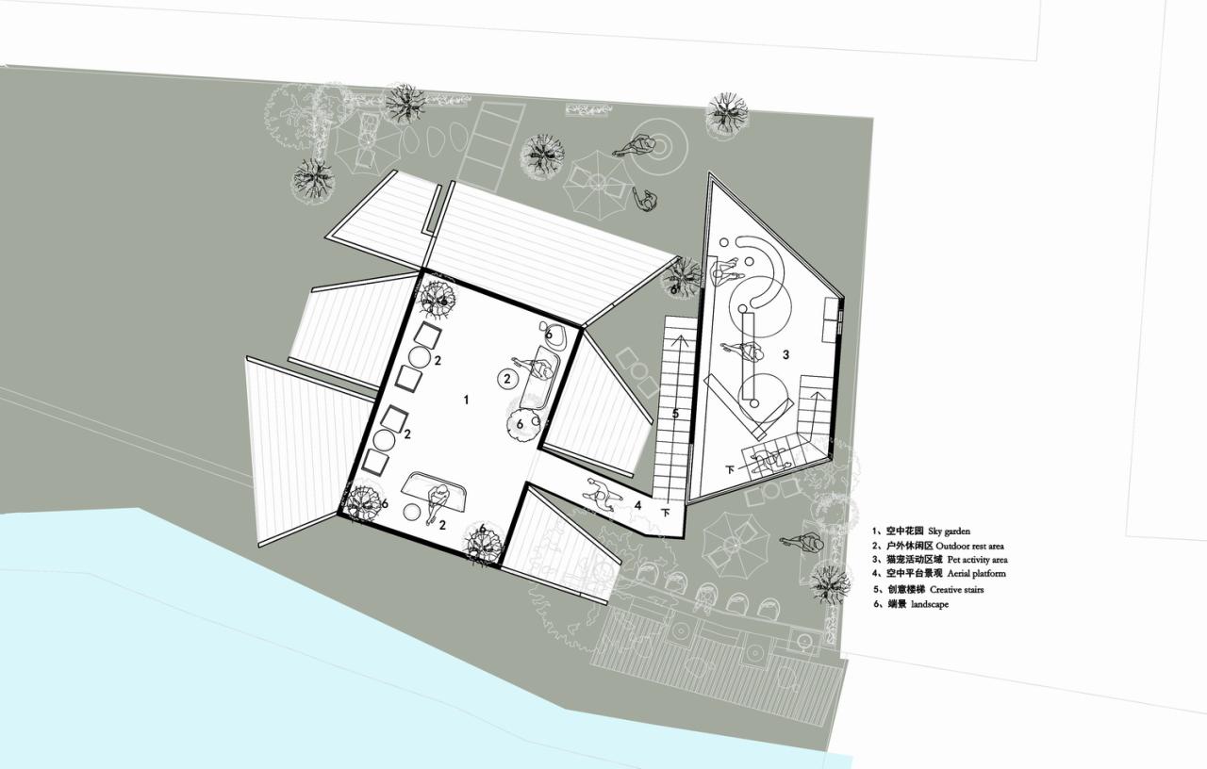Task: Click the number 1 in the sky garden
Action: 466,400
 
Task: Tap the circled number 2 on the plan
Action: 507,379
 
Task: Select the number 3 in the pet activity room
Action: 785,355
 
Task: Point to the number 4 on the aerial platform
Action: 638,505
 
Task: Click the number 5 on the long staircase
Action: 675,413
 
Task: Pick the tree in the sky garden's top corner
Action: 437,297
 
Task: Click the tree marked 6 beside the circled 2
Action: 523,422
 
